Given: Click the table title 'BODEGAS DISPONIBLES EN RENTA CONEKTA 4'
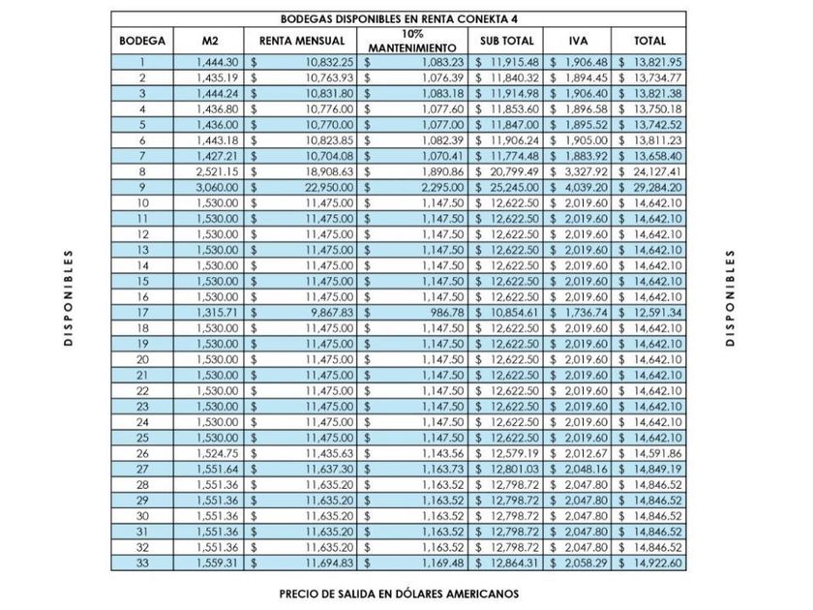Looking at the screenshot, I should pyautogui.click(x=398, y=18).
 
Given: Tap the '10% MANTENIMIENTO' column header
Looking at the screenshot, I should pyautogui.click(x=412, y=41).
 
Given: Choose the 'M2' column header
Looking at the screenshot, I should pyautogui.click(x=210, y=42).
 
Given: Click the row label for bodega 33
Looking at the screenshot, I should pyautogui.click(x=142, y=563).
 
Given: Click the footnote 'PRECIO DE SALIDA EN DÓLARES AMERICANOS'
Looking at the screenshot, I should pyautogui.click(x=400, y=593).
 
